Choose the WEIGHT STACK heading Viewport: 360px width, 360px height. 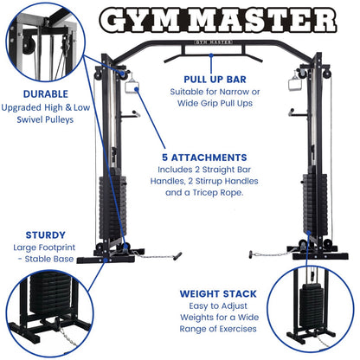217,292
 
